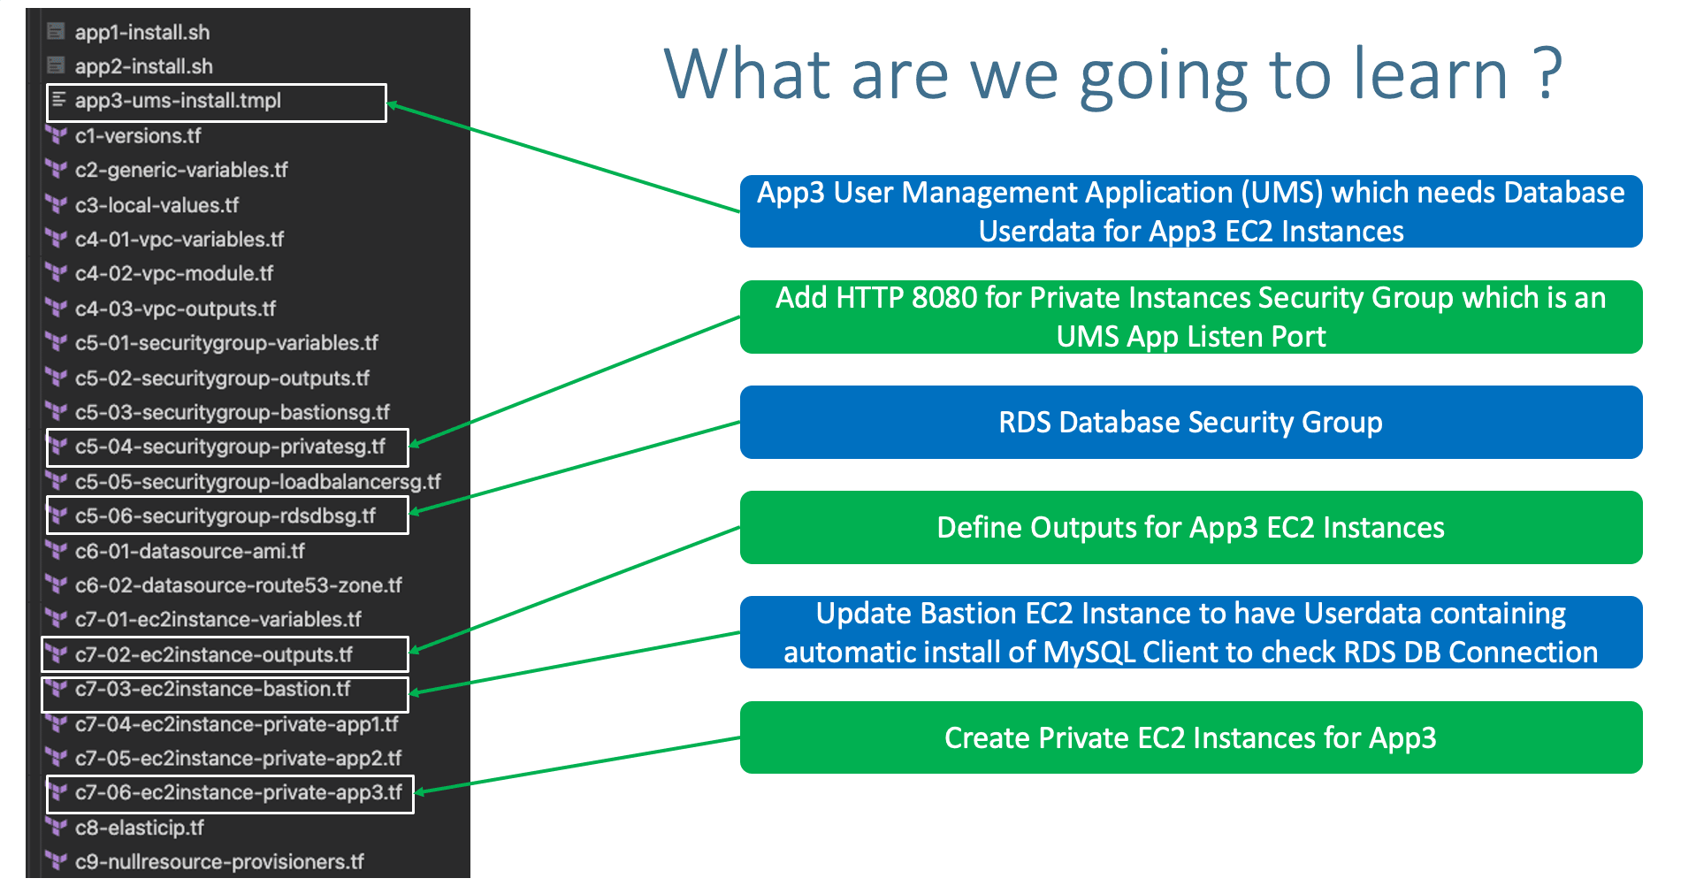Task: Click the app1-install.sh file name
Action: click(x=141, y=33)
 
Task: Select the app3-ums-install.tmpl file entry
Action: click(x=177, y=101)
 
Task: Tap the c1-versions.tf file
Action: click(x=137, y=136)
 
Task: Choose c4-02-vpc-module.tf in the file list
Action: click(x=173, y=274)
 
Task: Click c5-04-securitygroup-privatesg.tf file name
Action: click(x=230, y=447)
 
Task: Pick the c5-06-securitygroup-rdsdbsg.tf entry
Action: click(x=225, y=516)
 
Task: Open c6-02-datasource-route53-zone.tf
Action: click(x=238, y=585)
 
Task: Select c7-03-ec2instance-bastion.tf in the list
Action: click(x=212, y=689)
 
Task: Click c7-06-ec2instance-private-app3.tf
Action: click(x=238, y=792)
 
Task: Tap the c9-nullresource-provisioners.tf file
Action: click(x=218, y=861)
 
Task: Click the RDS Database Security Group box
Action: click(x=1190, y=423)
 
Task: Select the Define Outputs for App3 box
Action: click(x=1190, y=528)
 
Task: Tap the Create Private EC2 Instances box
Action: click(x=1190, y=737)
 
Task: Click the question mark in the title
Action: click(x=1547, y=74)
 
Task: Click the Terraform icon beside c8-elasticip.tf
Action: click(x=56, y=828)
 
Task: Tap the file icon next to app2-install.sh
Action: click(x=56, y=66)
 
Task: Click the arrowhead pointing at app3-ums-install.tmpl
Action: click(x=393, y=105)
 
